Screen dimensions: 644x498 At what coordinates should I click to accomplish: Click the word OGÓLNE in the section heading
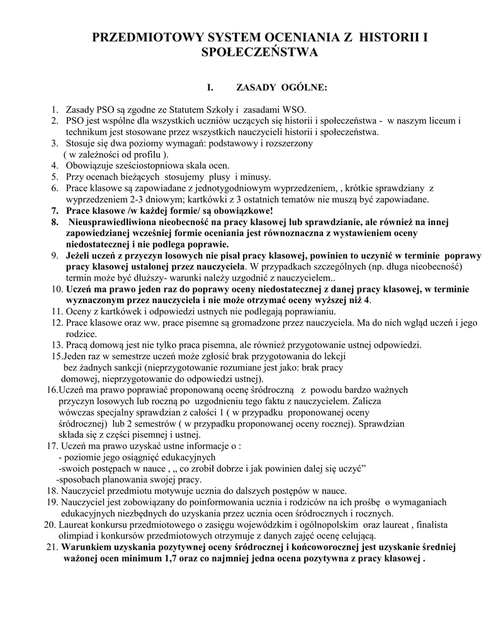(x=304, y=87)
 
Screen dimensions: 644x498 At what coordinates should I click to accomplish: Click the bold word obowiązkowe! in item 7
(x=246, y=211)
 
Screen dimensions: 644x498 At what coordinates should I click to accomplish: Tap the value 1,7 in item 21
(x=161, y=558)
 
